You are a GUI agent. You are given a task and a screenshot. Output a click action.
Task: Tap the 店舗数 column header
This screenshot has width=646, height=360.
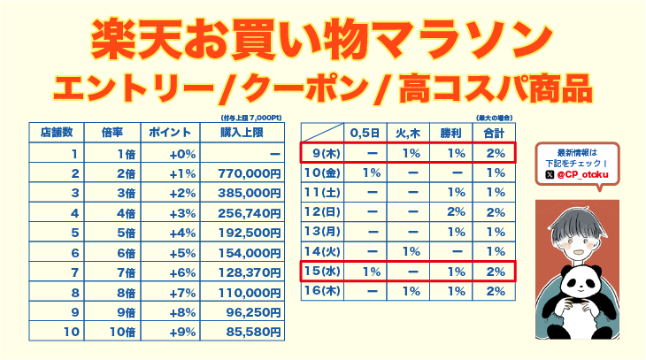click(x=58, y=132)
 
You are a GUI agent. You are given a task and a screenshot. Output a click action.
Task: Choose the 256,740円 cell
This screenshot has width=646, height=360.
click(x=249, y=212)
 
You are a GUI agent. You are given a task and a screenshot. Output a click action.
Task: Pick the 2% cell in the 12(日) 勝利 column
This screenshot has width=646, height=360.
click(x=456, y=211)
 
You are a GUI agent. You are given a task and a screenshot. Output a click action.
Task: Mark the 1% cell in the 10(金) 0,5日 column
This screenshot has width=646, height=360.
click(x=372, y=172)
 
